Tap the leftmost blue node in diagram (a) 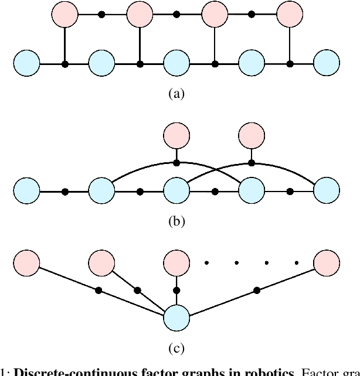(x=27, y=63)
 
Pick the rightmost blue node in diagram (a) (x=327, y=63)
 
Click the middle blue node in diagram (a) (x=177, y=63)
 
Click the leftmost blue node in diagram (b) (x=27, y=192)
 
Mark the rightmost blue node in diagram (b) (x=327, y=192)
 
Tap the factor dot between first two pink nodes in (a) (x=102, y=14)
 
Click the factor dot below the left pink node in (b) (x=176, y=162)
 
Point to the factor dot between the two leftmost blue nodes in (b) (x=64, y=192)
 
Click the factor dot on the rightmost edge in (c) (x=256, y=289)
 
